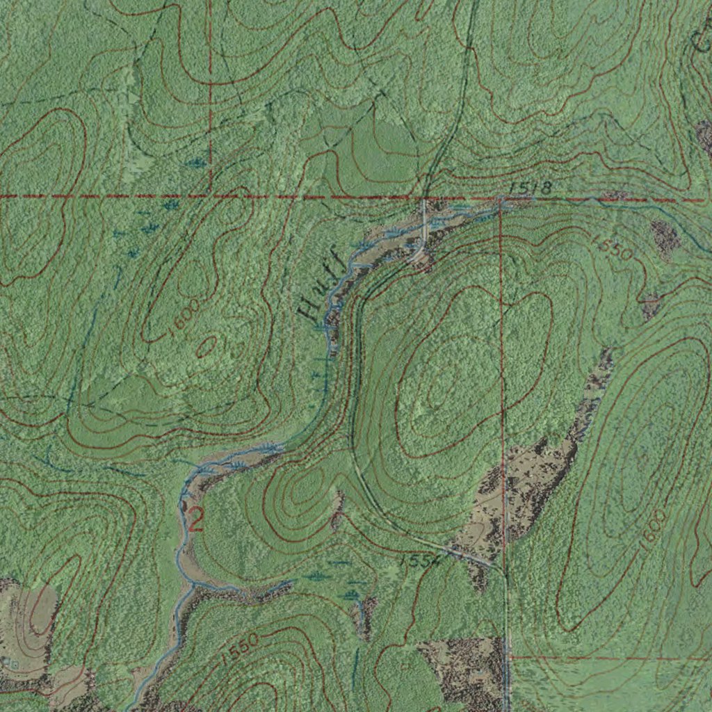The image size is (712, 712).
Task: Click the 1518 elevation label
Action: pyautogui.click(x=530, y=188)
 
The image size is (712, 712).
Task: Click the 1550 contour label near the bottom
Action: pyautogui.click(x=242, y=648)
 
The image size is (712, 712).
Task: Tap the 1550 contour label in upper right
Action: pyautogui.click(x=613, y=248)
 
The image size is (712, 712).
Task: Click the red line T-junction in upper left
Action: pyautogui.click(x=210, y=197)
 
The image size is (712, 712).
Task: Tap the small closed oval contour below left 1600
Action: pyautogui.click(x=208, y=346)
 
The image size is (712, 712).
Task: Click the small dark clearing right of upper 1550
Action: pyautogui.click(x=665, y=238)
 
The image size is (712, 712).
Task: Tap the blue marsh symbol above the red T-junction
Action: pyautogui.click(x=198, y=163)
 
